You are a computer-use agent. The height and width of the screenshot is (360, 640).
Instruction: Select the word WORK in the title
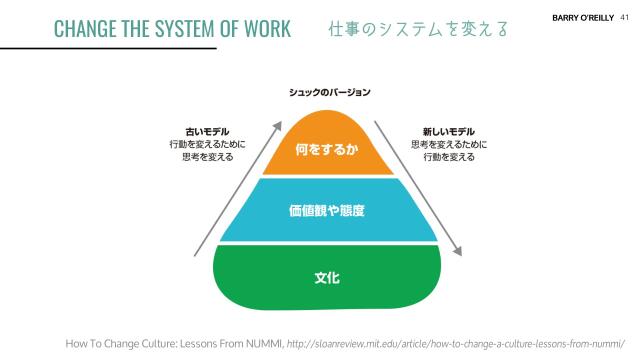click(265, 28)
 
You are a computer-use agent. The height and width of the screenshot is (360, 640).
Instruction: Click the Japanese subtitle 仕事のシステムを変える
click(417, 28)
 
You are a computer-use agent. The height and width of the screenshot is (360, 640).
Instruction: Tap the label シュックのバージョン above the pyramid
click(329, 92)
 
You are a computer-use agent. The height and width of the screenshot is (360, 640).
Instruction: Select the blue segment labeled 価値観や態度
click(327, 211)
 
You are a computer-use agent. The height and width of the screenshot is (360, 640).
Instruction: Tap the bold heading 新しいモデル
click(448, 132)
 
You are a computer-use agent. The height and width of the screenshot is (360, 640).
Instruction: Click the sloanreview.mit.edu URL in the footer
click(460, 342)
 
